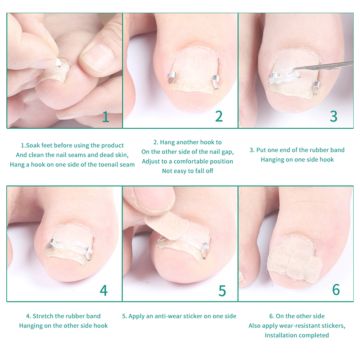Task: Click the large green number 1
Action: (106, 117)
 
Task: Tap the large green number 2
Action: (219, 116)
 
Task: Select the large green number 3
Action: (333, 116)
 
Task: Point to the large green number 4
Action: (103, 290)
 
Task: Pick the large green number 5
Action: (222, 291)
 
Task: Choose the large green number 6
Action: (336, 289)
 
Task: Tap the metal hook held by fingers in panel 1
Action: (59, 63)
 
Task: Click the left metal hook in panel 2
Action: (171, 77)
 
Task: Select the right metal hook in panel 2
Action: (216, 81)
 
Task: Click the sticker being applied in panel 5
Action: (167, 226)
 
